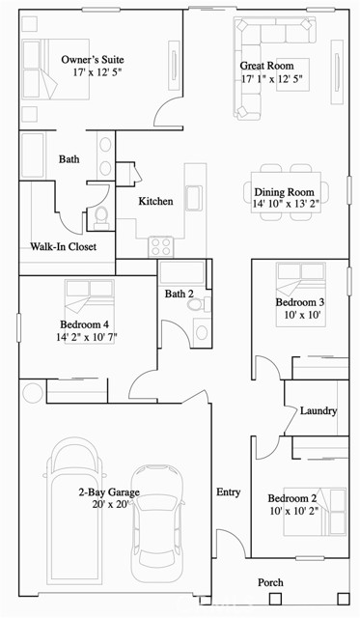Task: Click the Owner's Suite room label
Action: click(x=93, y=60)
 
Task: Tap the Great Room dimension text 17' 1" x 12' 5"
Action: click(x=272, y=79)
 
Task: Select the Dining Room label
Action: click(x=284, y=192)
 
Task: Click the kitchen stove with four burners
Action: click(x=161, y=246)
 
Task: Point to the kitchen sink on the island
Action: click(x=194, y=198)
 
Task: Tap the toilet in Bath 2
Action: click(x=198, y=304)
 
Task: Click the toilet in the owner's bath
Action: click(x=101, y=216)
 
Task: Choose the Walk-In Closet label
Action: click(x=64, y=247)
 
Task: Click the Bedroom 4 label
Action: click(x=85, y=324)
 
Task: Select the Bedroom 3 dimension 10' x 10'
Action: click(x=300, y=315)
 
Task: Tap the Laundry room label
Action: click(x=318, y=411)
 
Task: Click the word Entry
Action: click(x=229, y=492)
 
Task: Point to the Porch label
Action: click(x=270, y=582)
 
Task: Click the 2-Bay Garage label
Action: click(x=109, y=492)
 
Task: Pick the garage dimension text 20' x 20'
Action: click(x=109, y=504)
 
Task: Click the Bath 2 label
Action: click(x=180, y=294)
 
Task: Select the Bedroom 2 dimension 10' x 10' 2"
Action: click(x=293, y=511)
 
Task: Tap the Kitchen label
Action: click(x=155, y=202)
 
